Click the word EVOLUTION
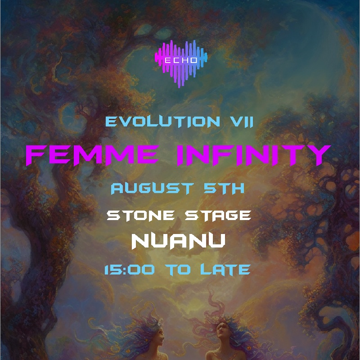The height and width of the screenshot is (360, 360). coord(153,122)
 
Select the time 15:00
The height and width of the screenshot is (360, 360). coord(128,270)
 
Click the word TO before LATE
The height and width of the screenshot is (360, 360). coord(179,270)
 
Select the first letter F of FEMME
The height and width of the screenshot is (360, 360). coord(36,154)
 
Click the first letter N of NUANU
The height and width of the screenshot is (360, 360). coord(140,242)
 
